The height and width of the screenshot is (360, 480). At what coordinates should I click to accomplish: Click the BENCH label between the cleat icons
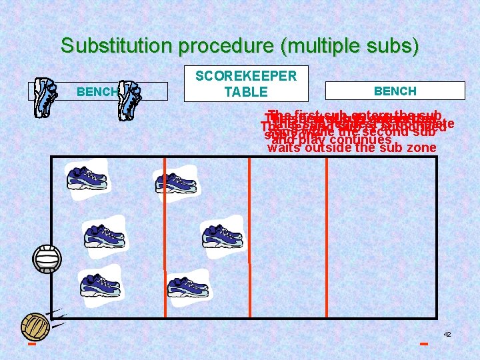(x=97, y=92)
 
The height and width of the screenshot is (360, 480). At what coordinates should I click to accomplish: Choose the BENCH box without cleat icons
(x=395, y=91)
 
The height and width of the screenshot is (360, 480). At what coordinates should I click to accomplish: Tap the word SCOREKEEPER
(x=245, y=76)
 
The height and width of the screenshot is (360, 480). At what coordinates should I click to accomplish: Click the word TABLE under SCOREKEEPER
(x=245, y=92)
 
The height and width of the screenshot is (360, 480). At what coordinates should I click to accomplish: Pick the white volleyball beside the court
(x=47, y=259)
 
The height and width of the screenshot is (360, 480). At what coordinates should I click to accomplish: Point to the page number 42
(x=447, y=334)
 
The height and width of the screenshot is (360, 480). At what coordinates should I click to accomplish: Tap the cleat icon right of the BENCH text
(x=130, y=99)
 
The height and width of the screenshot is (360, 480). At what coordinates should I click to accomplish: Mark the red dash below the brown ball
(x=31, y=345)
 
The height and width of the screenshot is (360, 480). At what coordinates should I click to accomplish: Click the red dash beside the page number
(x=423, y=344)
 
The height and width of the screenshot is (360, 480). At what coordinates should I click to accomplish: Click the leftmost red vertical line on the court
(x=165, y=227)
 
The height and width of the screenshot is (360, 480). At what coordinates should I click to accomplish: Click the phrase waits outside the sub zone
(x=351, y=148)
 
